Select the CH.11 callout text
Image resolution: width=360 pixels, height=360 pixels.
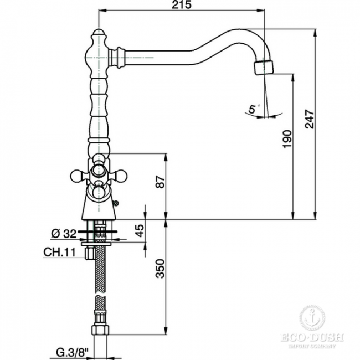coord(59,254)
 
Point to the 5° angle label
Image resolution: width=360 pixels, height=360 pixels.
coord(253,110)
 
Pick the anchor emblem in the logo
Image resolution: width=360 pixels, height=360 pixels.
coord(312,317)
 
